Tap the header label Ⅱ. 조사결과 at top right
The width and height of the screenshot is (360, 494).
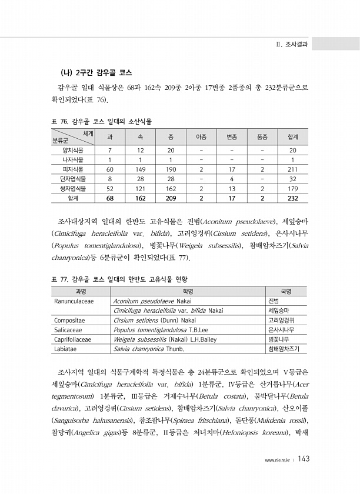[292, 45]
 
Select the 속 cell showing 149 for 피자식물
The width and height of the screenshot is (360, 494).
[140, 169]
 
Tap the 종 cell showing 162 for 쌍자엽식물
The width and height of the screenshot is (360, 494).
[171, 188]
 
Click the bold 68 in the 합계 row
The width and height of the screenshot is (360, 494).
[109, 198]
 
